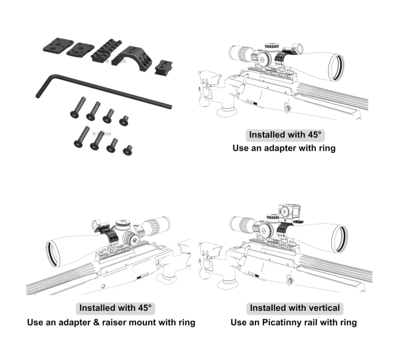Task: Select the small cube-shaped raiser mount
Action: [x=163, y=67]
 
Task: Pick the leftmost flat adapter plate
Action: [x=58, y=46]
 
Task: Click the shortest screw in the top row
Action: [x=124, y=121]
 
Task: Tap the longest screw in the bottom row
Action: [x=82, y=137]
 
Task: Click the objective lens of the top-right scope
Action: [x=337, y=67]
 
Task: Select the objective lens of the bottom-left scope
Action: [x=53, y=254]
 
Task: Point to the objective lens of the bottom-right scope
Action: [x=340, y=239]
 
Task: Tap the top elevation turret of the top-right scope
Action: [x=272, y=47]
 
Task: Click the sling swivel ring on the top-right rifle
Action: [x=288, y=108]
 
